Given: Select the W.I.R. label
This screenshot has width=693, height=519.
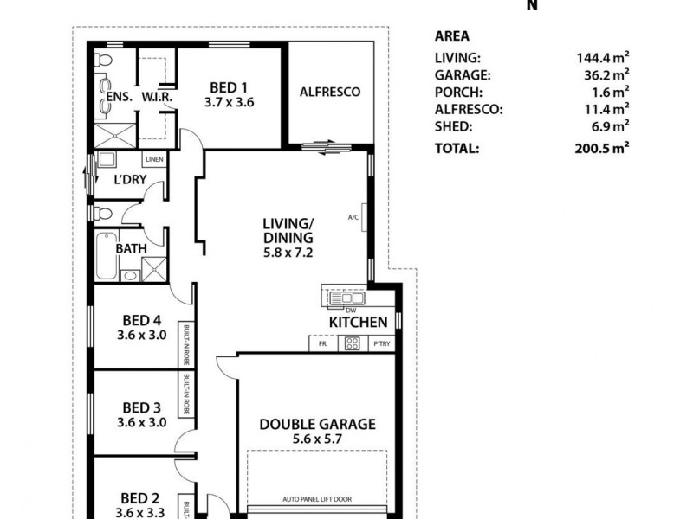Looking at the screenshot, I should pos(158,98).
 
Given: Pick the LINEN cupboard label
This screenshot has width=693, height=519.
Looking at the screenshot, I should pos(154,160).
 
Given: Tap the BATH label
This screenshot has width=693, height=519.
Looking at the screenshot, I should pos(131,248).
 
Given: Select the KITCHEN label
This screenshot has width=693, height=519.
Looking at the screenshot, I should pos(358,322).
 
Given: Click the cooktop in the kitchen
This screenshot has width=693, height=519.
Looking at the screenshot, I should pos(353,343).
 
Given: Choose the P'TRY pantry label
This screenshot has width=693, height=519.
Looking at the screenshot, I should pos(380,343).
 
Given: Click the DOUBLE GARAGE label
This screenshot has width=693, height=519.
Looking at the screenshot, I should pos(319,424).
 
